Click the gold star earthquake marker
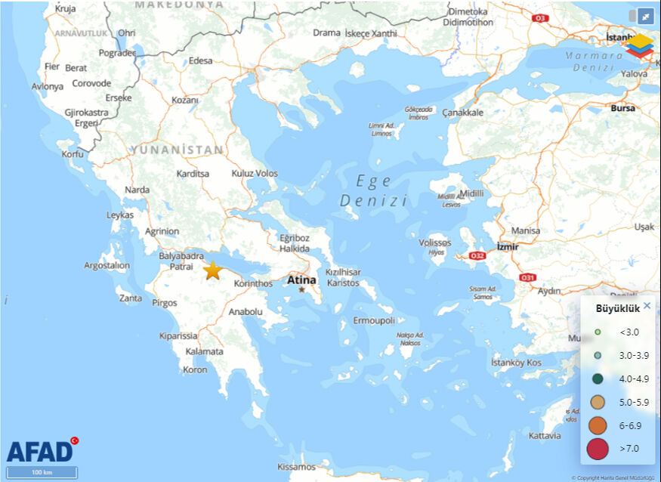tap(213, 270)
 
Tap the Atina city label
tap(301, 280)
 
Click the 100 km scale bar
tap(42, 472)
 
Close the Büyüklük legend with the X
tap(647, 306)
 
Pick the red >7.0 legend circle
tap(598, 449)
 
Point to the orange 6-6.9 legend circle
tap(598, 425)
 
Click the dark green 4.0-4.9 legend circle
tap(598, 379)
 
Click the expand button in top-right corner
tap(646, 16)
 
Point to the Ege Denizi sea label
tap(374, 190)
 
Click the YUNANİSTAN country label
tap(177, 150)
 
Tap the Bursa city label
tap(623, 108)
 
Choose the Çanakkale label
tap(462, 113)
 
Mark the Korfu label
tap(73, 154)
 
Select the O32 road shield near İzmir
tap(477, 256)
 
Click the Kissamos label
tap(296, 467)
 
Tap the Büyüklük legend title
tap(618, 308)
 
